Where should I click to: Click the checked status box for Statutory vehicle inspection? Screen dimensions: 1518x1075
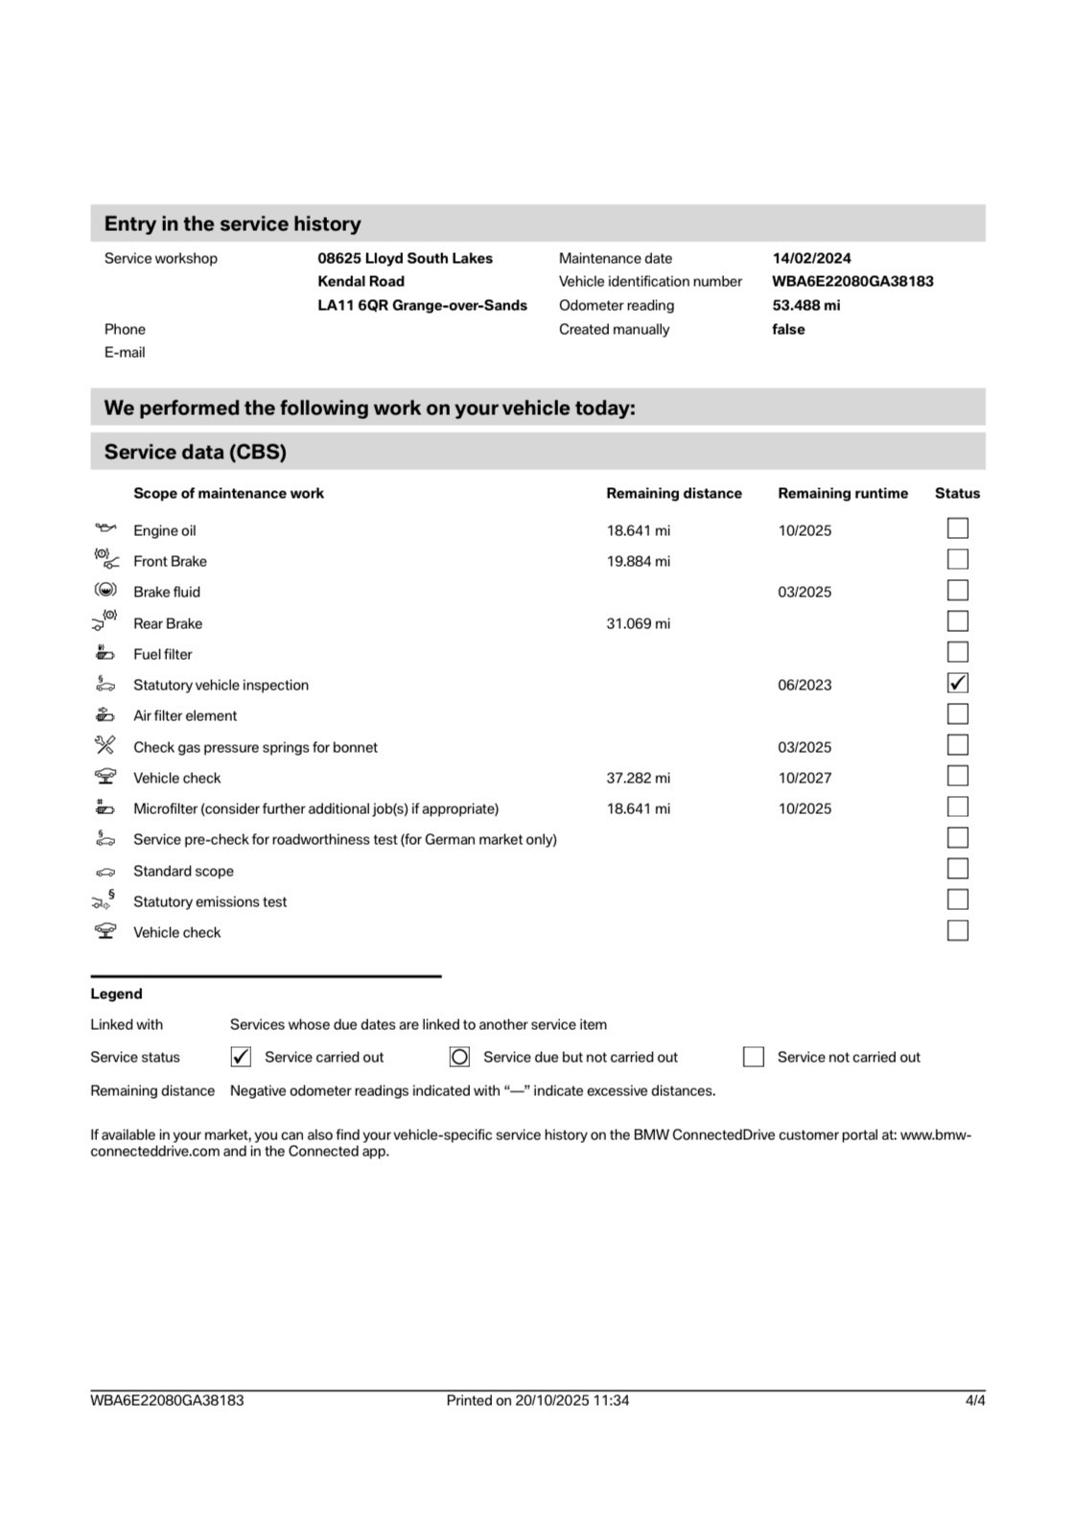pos(957,683)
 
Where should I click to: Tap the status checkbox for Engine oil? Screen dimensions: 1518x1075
pos(957,528)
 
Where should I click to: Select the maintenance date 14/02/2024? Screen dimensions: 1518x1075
pos(811,258)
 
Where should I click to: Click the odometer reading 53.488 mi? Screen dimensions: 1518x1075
pos(806,305)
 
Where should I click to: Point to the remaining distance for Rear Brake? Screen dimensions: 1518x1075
pos(638,623)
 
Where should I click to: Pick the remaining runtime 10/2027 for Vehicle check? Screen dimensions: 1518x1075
pos(805,778)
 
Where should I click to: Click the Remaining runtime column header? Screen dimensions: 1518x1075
pos(842,493)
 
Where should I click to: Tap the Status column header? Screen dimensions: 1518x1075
pos(957,493)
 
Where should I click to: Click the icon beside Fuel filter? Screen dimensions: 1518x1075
pos(105,653)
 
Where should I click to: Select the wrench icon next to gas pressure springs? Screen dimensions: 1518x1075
pos(105,745)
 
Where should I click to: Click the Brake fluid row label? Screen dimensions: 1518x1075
pos(167,592)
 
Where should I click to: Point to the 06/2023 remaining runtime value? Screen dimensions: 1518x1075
pos(805,685)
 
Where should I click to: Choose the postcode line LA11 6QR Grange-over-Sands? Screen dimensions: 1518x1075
pos(422,305)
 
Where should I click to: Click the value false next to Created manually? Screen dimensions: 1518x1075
pos(788,329)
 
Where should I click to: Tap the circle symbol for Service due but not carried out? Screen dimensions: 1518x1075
pos(459,1057)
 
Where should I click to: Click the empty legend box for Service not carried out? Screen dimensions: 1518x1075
pos(754,1057)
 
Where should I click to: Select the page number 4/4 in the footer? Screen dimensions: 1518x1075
pos(974,1400)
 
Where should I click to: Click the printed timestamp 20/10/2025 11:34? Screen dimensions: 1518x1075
pos(572,1400)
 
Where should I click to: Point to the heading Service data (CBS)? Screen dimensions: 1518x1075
pos(196,452)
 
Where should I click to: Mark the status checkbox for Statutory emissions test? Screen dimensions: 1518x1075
pos(957,899)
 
